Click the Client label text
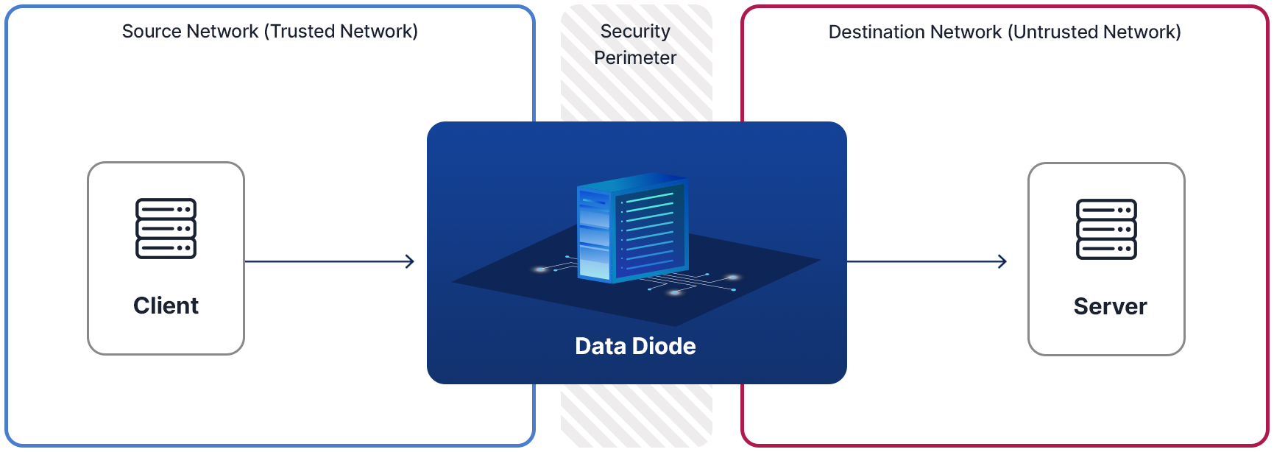166,306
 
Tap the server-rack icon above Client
166,228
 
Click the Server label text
1110,306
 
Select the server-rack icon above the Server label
1106,229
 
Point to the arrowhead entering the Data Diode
410,261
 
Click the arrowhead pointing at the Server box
1002,261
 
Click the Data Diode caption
635,346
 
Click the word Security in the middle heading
635,32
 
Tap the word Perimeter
635,58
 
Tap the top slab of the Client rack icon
166,209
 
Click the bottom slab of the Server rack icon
1106,249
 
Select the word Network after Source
222,32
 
